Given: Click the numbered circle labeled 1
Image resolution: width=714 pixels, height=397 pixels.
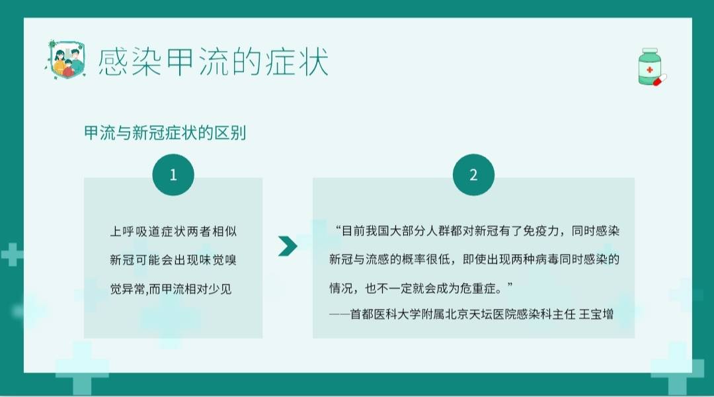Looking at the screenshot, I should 173,175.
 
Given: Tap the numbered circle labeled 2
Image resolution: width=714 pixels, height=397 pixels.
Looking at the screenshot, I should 473,175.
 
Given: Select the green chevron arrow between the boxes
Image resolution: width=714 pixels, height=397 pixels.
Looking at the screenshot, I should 288,245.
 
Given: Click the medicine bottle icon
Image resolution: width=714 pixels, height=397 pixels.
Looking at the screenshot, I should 650,66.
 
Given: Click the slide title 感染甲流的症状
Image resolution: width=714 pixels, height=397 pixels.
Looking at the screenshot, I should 213,62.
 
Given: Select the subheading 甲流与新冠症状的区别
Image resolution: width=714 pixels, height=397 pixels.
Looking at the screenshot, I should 165,133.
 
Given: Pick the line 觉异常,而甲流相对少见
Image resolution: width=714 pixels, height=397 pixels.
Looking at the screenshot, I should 171,289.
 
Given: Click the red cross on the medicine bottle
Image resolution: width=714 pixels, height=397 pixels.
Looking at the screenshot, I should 650,70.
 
